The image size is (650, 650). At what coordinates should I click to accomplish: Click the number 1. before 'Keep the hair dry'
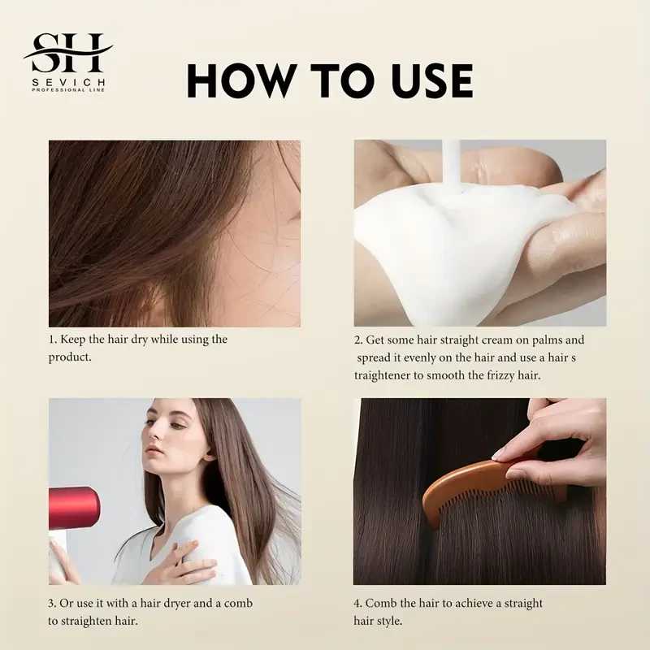(53, 340)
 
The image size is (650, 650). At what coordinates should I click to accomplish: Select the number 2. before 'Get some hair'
(358, 340)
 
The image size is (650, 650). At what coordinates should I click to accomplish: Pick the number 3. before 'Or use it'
(53, 604)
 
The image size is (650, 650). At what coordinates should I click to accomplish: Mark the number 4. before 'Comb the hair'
(358, 604)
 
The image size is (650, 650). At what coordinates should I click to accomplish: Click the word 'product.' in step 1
(70, 357)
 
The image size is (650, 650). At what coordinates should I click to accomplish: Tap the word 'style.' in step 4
(395, 622)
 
